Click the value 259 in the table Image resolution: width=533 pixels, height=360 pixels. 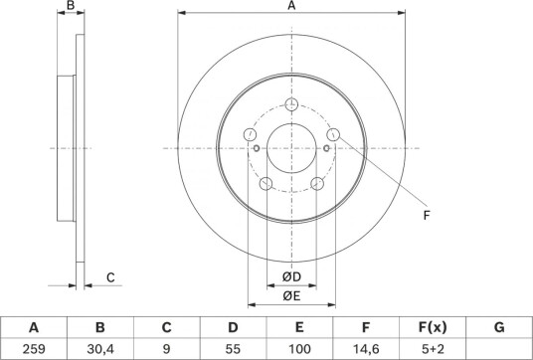pos(34,349)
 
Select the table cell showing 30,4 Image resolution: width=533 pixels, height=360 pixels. pos(99,349)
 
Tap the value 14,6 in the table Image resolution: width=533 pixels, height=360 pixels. pos(365,349)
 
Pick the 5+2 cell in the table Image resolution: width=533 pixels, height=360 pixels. pos(432,349)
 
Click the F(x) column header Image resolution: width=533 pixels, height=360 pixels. pos(432,327)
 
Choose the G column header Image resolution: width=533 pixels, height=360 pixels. pos(499,327)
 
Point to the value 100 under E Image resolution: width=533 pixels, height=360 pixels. pos(299,349)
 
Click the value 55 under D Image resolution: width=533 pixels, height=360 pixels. pos(233,349)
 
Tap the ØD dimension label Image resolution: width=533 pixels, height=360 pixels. pos(291,277)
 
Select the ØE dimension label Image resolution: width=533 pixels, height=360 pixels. pos(291,296)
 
